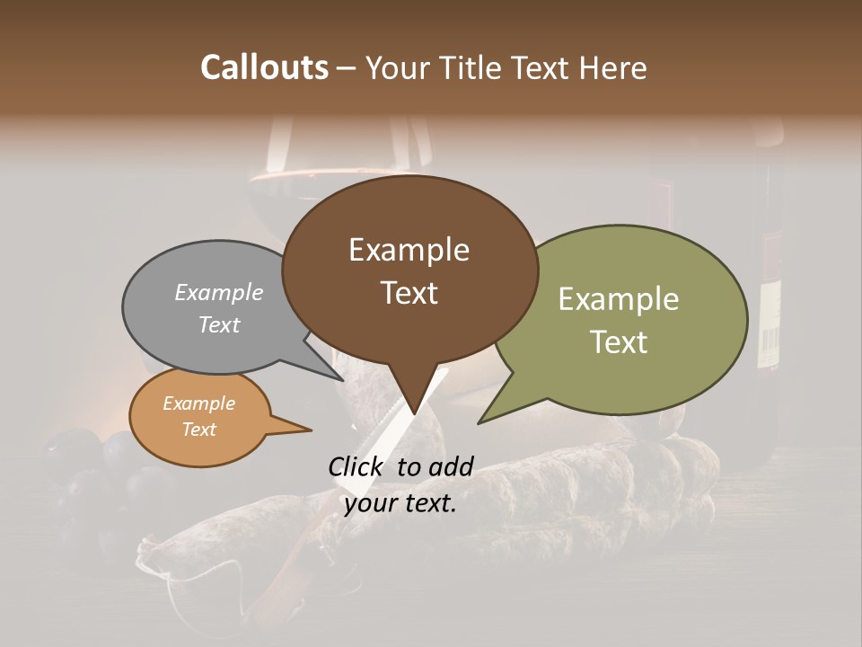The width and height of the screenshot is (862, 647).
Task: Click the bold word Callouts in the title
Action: point(264,67)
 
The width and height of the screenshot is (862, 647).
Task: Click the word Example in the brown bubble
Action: point(409,249)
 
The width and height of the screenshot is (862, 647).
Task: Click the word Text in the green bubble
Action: point(619,342)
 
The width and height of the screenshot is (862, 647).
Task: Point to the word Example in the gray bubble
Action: point(219,292)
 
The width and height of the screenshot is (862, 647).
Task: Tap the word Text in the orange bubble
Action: point(199,430)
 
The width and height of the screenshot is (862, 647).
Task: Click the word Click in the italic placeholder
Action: point(356,466)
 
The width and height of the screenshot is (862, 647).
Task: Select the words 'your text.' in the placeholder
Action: point(400,503)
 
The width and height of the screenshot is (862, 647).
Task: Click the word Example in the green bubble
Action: point(619,299)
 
